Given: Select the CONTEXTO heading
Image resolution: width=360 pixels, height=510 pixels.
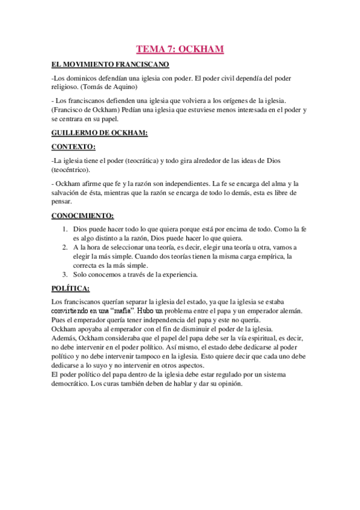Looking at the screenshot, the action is point(73,147).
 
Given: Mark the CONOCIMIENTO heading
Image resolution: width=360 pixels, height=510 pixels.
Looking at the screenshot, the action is point(82,216).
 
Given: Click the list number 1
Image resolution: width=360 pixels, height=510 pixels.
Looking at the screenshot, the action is point(65,230).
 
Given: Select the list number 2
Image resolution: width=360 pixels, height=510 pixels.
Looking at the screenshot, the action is point(65,247).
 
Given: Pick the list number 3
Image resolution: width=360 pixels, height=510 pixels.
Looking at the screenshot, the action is point(65,275).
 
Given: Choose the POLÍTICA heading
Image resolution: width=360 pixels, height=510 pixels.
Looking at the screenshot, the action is point(71,289).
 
